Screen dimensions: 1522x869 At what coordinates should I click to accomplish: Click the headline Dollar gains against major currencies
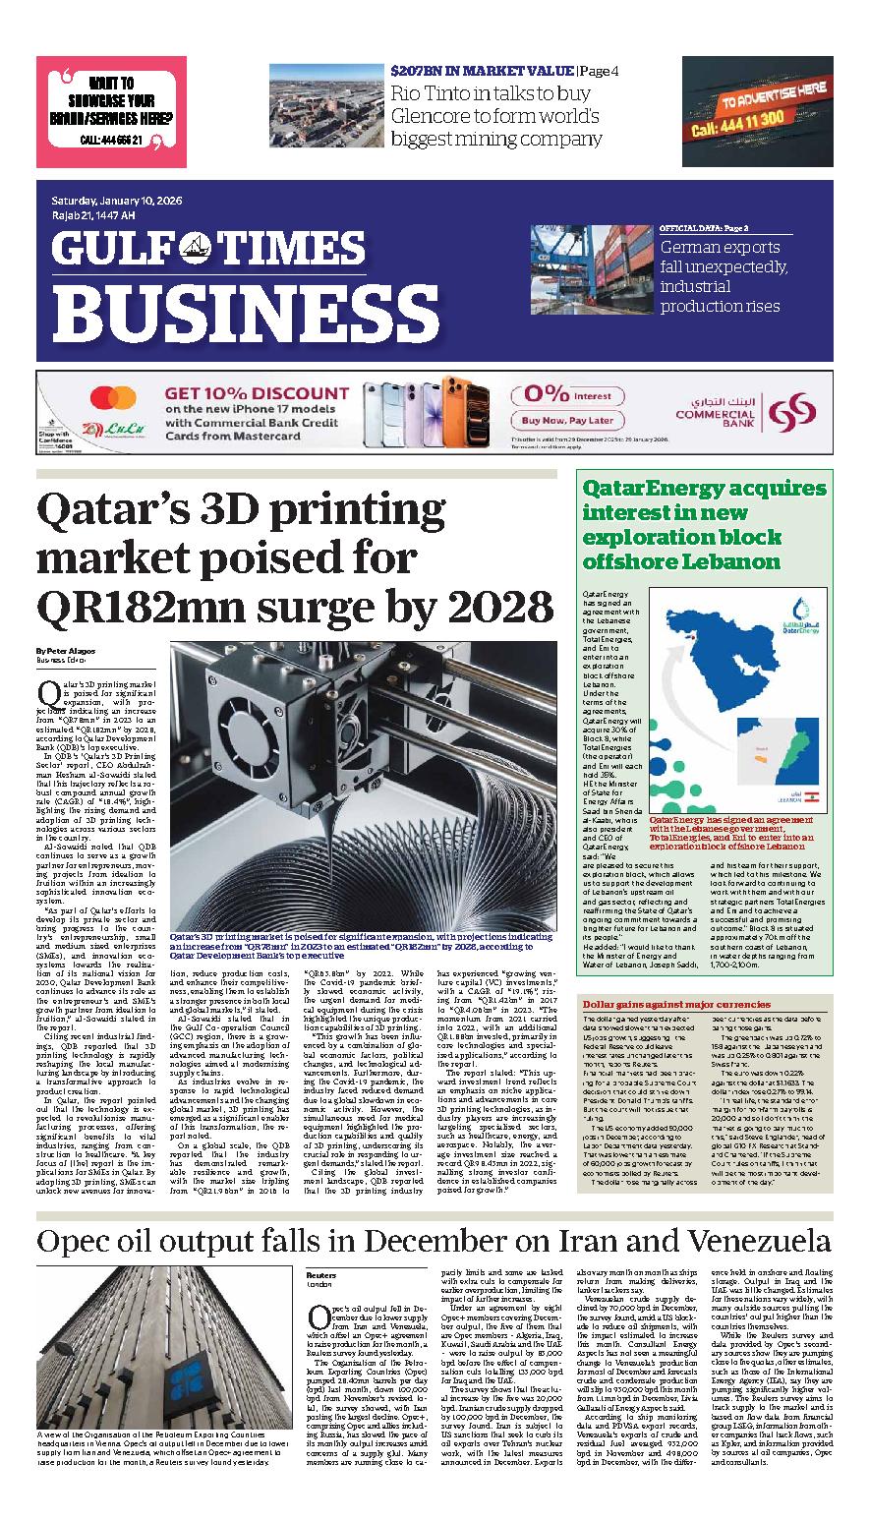676,1005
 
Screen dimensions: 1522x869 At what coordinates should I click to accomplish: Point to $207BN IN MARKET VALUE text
482,71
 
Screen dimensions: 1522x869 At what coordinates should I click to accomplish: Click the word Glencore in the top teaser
436,116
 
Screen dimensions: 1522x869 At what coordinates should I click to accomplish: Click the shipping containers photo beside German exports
589,274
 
